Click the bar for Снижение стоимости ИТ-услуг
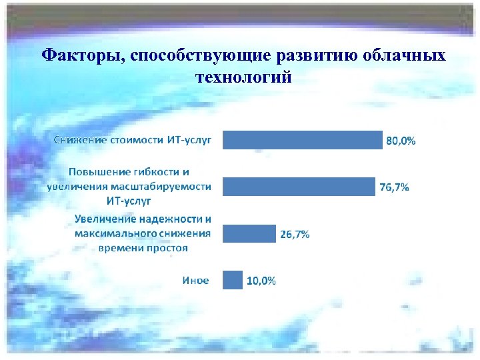coord(303,140)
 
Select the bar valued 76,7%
coord(299,187)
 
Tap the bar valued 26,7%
coord(249,233)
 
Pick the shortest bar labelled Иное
coord(233,280)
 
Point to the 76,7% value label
coord(394,187)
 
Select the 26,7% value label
coord(294,234)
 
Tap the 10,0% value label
coord(261,281)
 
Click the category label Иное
coord(195,280)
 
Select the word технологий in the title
coord(243,77)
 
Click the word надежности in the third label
coord(170,219)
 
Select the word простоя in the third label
coord(167,247)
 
